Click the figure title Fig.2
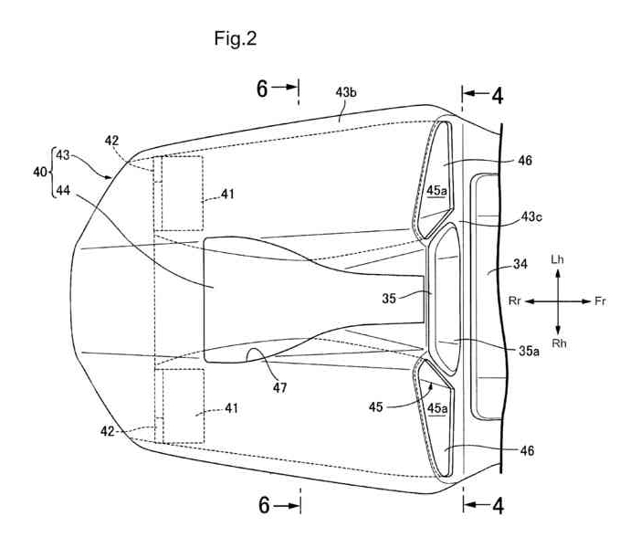(x=235, y=39)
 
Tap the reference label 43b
(x=346, y=93)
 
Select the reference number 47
(x=279, y=387)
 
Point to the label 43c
(x=531, y=217)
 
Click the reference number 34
(x=520, y=264)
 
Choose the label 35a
(x=529, y=351)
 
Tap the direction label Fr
(x=600, y=301)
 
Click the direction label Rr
(x=515, y=301)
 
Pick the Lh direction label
(x=557, y=259)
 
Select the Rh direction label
(x=559, y=343)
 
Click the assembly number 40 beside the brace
(x=40, y=172)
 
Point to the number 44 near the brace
(x=63, y=190)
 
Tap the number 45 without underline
(x=376, y=407)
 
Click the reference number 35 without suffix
(x=389, y=299)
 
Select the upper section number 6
(x=262, y=90)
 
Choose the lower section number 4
(x=498, y=506)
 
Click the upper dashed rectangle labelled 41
(x=182, y=194)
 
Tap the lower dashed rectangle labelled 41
(x=184, y=406)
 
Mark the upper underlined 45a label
(x=436, y=191)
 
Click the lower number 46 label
(x=527, y=450)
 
